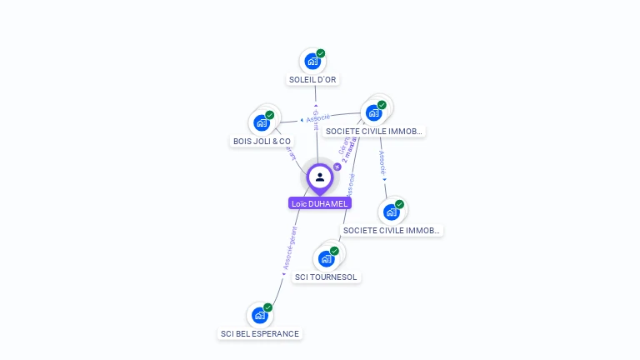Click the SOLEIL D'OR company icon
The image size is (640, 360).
pos(312,61)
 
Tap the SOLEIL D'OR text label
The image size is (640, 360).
pos(312,80)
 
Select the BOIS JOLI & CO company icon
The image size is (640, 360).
pos(262,122)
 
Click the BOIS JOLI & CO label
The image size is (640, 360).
pos(262,142)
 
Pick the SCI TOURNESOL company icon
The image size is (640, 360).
pos(326,258)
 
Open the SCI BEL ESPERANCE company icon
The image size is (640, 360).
pos(260,316)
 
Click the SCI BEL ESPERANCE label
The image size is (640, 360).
pos(259,333)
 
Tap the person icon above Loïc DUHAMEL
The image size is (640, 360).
pos(320,177)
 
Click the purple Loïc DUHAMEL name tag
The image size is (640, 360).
pos(320,203)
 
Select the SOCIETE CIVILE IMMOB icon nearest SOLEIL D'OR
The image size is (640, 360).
pos(373,112)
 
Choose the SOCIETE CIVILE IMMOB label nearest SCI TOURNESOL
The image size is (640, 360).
pos(392,230)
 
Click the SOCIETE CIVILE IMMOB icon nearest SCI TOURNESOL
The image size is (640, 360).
pos(392,212)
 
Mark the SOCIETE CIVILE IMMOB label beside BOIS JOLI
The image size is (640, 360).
pos(374,131)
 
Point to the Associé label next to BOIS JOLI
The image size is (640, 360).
pos(317,118)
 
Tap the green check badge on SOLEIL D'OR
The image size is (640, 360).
pos(321,53)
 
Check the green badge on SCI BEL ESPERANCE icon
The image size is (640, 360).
pos(268,307)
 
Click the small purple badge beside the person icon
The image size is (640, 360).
pos(337,167)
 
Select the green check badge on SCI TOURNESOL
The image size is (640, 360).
pos(334,251)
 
